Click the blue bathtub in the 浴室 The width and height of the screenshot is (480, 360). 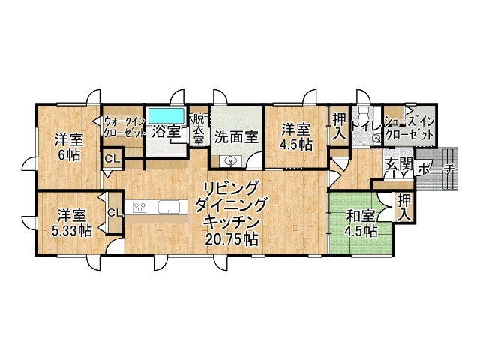166,115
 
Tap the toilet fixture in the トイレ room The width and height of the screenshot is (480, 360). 364,115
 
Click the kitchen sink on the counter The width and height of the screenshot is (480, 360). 169,207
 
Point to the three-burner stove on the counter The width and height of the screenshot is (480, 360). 139,207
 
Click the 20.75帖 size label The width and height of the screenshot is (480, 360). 231,238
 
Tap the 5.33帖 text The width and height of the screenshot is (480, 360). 71,231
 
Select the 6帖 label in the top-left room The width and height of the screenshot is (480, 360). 69,155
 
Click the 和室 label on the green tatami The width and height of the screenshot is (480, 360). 360,217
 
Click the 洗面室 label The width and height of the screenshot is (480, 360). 236,137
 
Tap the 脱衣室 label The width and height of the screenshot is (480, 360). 198,130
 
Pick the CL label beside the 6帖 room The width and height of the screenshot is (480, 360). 112,159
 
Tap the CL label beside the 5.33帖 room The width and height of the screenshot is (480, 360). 115,212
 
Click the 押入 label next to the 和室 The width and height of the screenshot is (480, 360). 404,208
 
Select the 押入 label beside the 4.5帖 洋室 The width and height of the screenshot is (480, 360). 339,126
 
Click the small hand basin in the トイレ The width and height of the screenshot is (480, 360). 376,139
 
